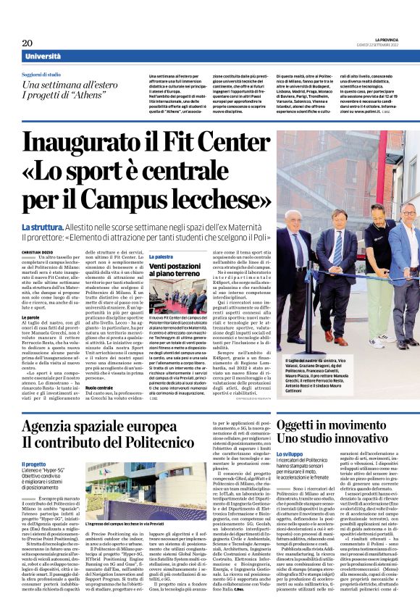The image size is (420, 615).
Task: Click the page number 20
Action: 27,43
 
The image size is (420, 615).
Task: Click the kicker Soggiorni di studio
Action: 43,75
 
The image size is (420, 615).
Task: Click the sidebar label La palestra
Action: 161,257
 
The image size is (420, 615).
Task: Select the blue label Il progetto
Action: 33,465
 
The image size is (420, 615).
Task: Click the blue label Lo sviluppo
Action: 290,453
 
